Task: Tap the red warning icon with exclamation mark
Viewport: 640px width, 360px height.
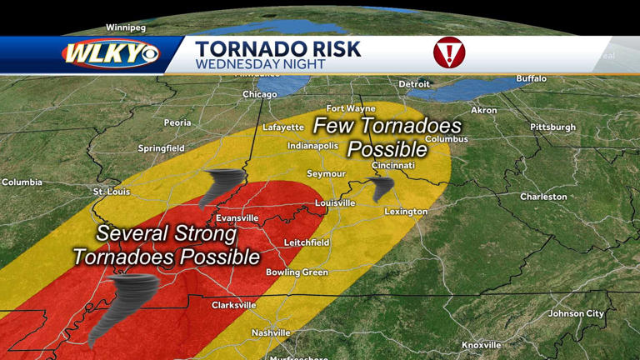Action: (449, 52)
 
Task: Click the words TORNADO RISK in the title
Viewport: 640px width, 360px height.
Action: (278, 48)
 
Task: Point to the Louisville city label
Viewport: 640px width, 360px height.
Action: (335, 202)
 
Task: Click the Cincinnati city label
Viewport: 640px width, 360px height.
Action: (393, 165)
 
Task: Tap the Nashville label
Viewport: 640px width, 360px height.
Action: (271, 332)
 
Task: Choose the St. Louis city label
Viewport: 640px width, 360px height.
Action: (111, 192)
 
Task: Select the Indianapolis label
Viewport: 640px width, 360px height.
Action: (312, 145)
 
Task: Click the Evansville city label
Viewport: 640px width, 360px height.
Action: (236, 217)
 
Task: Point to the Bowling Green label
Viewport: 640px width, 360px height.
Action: (297, 272)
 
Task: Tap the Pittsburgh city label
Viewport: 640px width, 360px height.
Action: (552, 127)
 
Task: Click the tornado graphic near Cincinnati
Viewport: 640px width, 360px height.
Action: (382, 187)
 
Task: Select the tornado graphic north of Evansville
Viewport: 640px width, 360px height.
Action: (221, 187)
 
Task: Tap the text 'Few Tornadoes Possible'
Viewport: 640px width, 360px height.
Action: (387, 137)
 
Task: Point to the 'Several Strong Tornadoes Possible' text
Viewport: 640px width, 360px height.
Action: (166, 245)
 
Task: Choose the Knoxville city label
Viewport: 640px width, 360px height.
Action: (482, 344)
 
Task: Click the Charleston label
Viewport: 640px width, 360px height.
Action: (543, 197)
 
